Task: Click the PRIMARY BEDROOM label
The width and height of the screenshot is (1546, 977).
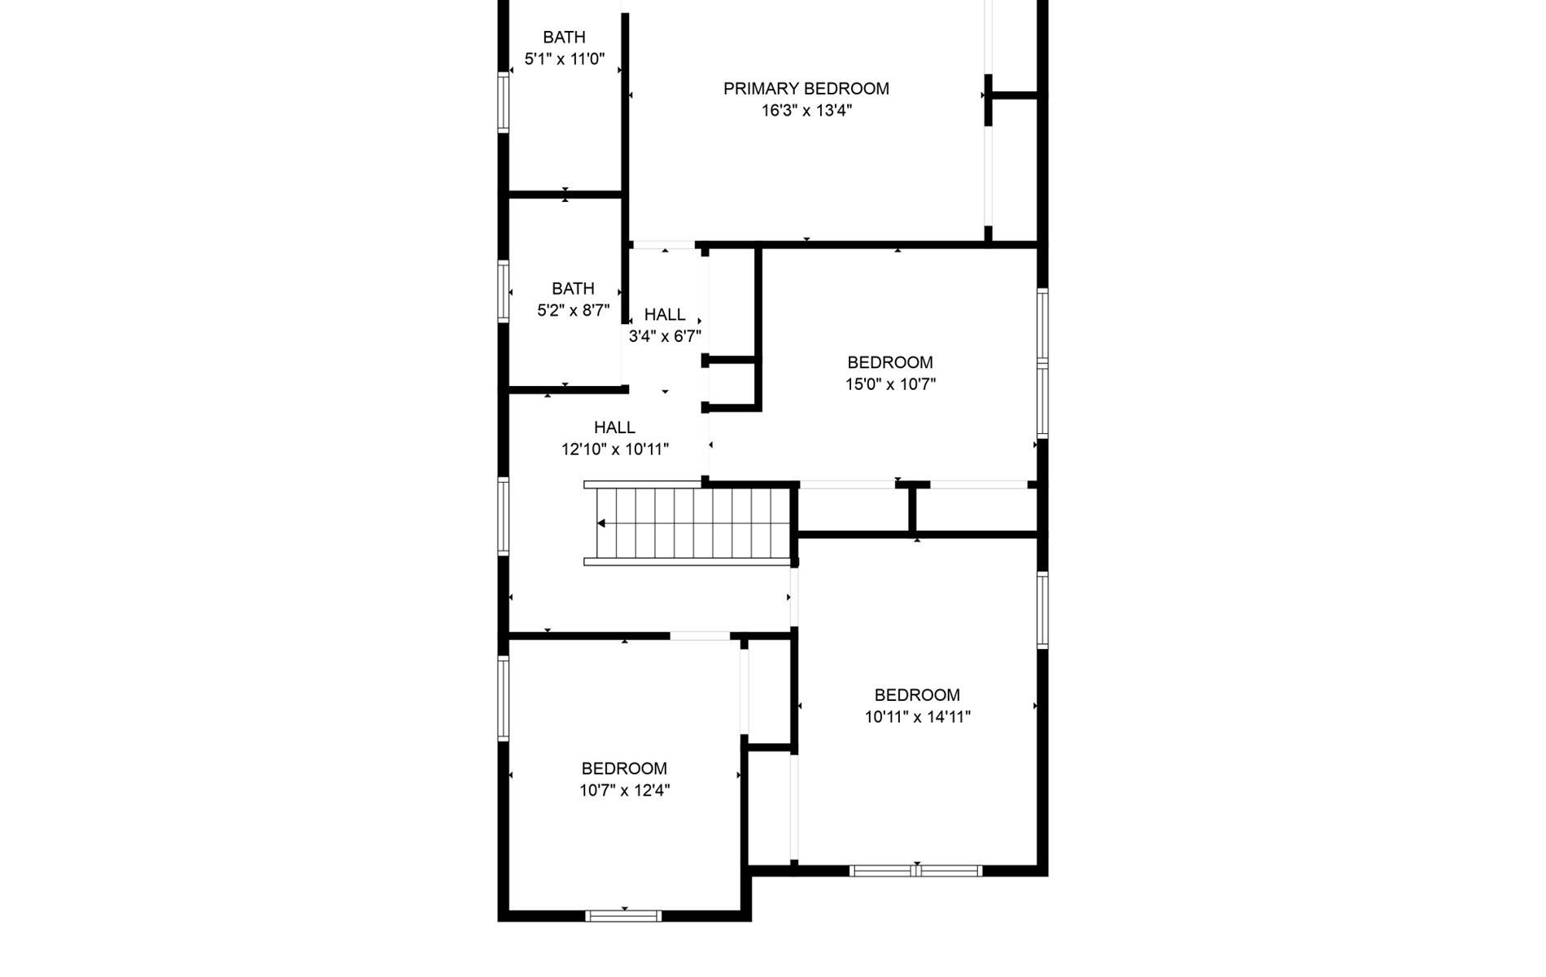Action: [806, 89]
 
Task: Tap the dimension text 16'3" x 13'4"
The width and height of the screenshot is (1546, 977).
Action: [806, 111]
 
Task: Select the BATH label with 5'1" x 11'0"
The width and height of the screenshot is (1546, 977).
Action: [564, 37]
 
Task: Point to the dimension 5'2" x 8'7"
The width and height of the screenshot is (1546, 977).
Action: [573, 310]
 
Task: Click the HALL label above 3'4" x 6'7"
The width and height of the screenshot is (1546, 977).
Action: [665, 315]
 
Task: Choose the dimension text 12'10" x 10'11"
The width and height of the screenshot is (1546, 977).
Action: [615, 449]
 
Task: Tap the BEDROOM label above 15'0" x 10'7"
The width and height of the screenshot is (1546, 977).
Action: [890, 362]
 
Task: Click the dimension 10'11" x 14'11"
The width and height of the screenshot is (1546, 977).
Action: [918, 717]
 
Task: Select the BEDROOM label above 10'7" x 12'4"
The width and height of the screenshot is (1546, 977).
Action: [624, 769]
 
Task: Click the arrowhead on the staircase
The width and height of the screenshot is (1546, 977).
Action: [601, 524]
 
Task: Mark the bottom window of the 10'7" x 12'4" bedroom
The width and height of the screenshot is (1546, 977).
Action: [623, 916]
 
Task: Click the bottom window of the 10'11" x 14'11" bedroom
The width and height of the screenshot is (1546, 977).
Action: [916, 871]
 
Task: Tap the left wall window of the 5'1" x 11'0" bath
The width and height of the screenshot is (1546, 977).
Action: [504, 103]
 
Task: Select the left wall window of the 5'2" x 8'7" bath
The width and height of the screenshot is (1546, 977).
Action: [504, 291]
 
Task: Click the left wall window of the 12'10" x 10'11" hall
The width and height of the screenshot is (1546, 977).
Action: [504, 517]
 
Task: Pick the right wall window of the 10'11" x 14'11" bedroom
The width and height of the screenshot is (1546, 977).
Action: [1042, 610]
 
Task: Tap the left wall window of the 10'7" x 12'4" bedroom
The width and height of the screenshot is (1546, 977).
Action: [504, 699]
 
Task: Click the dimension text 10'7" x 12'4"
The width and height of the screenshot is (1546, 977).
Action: [625, 791]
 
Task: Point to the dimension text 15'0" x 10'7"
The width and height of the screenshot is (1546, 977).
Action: [891, 384]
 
